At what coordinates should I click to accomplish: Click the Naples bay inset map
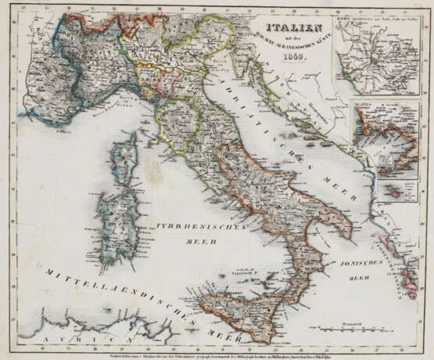tap(383, 138)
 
